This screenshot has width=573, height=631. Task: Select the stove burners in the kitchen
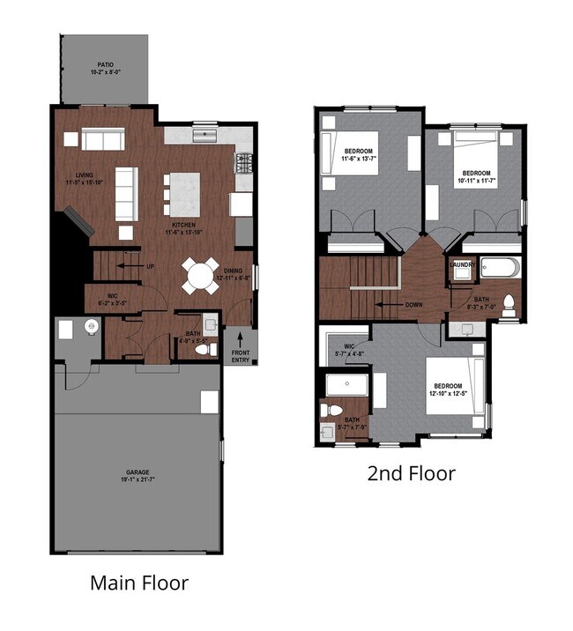[x=243, y=163]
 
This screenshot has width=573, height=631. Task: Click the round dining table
[x=199, y=275]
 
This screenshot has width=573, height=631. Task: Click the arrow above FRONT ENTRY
[x=242, y=338]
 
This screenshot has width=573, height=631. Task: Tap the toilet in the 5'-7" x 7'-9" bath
[x=333, y=410]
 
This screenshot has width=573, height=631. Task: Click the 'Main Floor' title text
[x=139, y=583]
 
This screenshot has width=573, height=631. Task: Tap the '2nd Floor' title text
[x=411, y=473]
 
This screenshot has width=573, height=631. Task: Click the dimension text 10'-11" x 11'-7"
[x=476, y=180]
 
